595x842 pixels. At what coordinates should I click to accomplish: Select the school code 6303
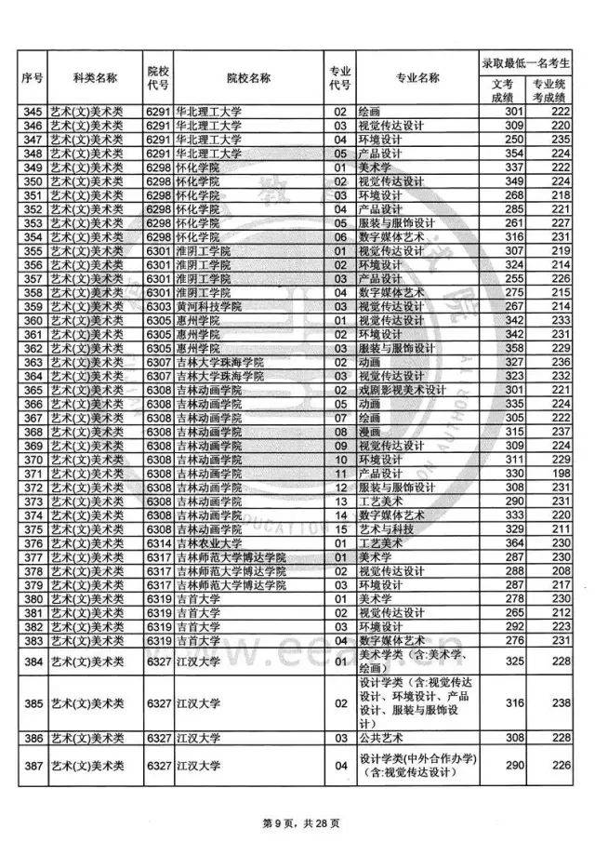[x=159, y=306]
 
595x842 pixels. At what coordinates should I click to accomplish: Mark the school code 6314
[x=159, y=542]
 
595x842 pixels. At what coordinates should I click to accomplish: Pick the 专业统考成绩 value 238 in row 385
[x=559, y=703]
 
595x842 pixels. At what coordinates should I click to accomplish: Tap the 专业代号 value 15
[x=339, y=528]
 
